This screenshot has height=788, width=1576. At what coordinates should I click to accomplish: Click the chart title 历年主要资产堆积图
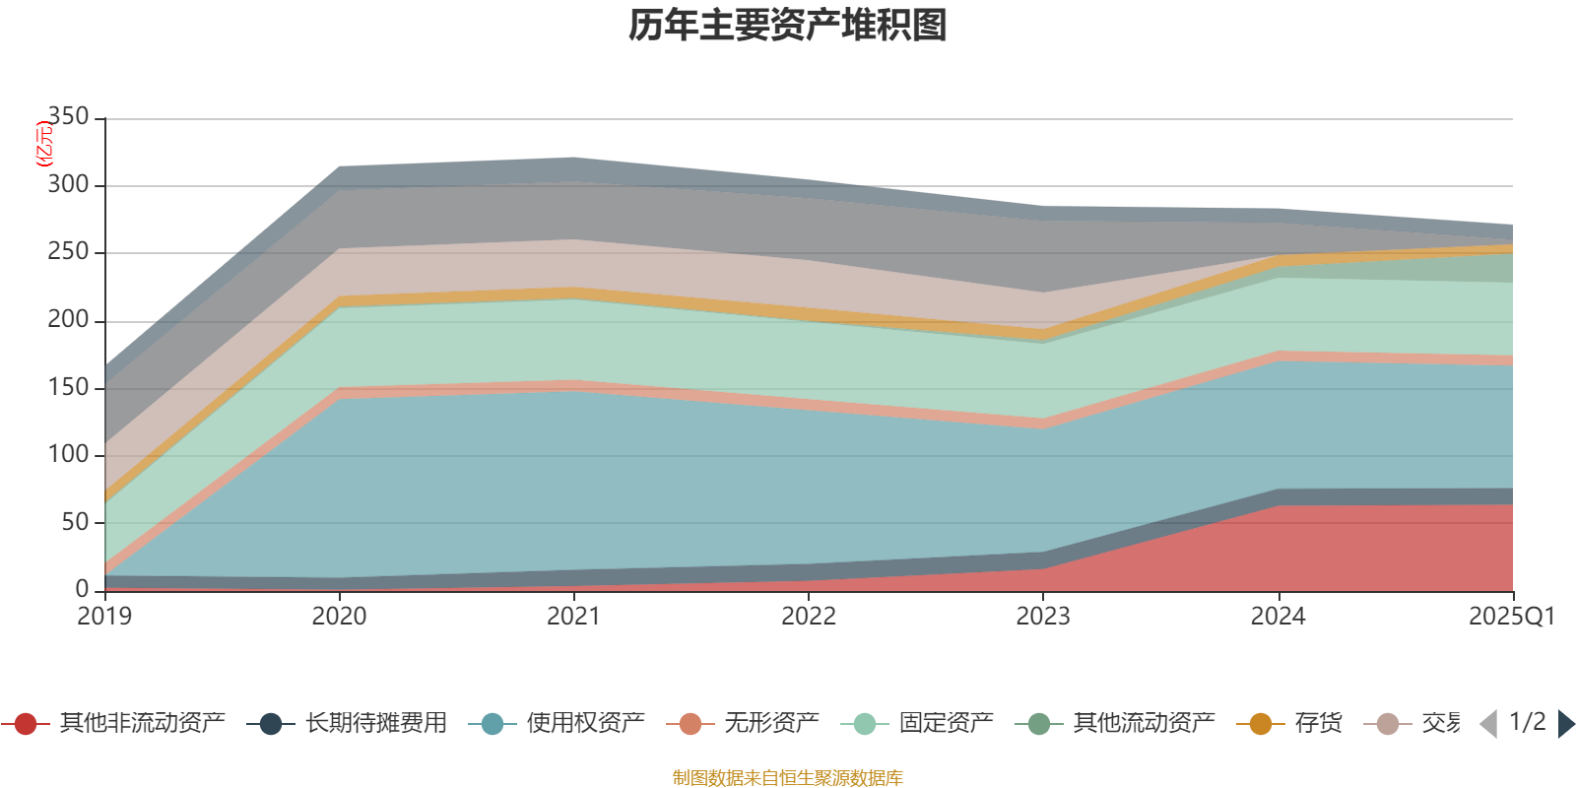pos(788,27)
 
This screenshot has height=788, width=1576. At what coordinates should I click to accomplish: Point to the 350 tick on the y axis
pos(68,117)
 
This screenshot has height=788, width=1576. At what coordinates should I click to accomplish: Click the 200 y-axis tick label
pos(68,320)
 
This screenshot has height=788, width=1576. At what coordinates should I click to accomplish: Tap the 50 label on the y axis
pos(75,522)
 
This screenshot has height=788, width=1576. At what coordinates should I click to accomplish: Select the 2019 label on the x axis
pos(104,617)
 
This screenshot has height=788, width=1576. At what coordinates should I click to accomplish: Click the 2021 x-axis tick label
pos(573,617)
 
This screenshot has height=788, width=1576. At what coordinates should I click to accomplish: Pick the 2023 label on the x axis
pos(1043,617)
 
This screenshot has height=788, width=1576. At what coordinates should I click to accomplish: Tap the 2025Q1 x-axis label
pos(1511,617)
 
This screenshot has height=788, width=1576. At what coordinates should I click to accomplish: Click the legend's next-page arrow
pos(1565,724)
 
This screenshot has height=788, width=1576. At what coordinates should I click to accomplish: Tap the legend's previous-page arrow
pos(1488,724)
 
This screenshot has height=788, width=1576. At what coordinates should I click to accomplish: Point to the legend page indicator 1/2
pos(1527,722)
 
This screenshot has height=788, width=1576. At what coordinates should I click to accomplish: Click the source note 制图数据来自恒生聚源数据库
pos(787,778)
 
